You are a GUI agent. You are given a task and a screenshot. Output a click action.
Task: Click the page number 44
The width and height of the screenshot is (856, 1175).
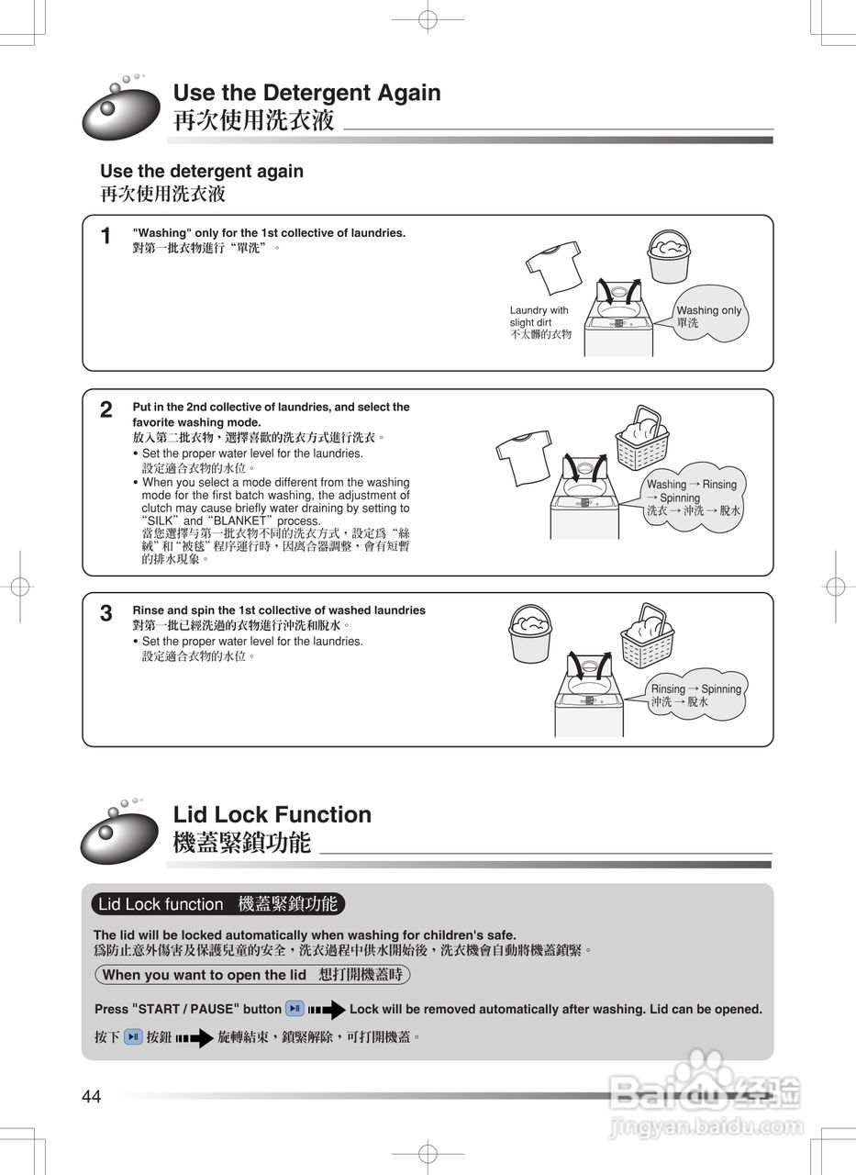[92, 1096]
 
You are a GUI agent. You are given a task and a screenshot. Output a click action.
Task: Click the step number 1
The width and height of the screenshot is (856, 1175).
[106, 237]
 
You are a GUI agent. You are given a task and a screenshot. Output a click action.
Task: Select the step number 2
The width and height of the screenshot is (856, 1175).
[106, 410]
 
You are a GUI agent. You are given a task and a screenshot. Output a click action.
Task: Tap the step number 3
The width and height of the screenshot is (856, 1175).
[106, 613]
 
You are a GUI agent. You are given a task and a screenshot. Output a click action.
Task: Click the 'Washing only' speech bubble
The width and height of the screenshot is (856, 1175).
[708, 317]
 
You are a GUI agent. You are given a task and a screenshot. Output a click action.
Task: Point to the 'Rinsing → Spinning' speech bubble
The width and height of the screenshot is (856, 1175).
[695, 695]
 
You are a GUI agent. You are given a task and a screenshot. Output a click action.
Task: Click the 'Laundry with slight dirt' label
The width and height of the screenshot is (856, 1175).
[540, 322]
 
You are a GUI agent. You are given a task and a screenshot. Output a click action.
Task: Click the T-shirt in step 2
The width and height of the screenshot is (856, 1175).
[525, 455]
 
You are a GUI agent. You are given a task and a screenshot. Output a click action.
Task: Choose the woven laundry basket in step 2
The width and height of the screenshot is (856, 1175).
[642, 438]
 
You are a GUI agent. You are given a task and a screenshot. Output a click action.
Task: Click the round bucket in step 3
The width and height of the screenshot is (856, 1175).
[529, 632]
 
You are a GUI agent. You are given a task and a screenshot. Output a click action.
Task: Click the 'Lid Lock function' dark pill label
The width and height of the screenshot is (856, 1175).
[218, 904]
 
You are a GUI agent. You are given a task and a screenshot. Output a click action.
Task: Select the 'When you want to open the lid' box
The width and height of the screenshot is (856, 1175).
[252, 975]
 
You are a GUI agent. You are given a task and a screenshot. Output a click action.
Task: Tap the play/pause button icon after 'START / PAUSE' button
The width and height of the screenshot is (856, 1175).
[295, 1009]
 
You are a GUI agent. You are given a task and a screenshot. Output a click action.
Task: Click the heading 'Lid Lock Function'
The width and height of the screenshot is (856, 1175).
[272, 814]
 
